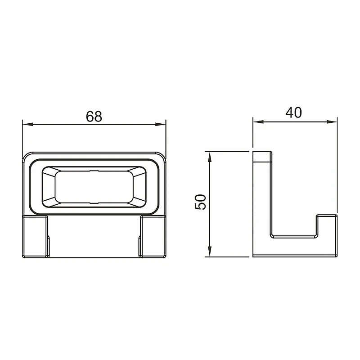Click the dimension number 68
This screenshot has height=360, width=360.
94,117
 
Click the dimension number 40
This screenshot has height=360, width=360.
294,112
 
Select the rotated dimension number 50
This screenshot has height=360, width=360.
200,202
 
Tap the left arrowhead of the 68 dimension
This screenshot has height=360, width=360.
28,124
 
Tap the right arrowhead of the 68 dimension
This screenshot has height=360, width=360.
160,124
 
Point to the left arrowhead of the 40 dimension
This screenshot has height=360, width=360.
258,121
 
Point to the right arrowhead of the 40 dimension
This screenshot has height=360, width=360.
332,121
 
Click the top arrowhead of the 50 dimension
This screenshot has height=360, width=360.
209,157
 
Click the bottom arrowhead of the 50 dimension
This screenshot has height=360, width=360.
209,252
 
